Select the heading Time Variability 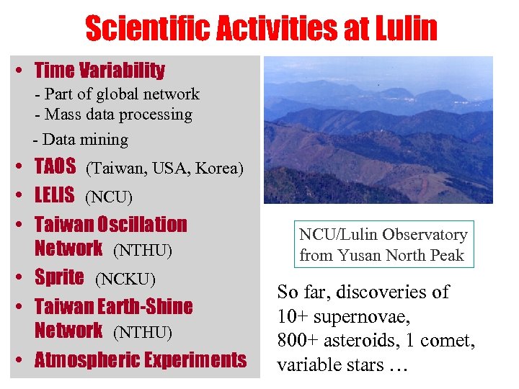point(99,71)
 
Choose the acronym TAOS point(55,167)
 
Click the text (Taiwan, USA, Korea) point(165,169)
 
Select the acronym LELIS point(55,194)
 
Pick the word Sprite point(59,277)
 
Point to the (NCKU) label point(125,279)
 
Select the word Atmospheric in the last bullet point(87,359)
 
